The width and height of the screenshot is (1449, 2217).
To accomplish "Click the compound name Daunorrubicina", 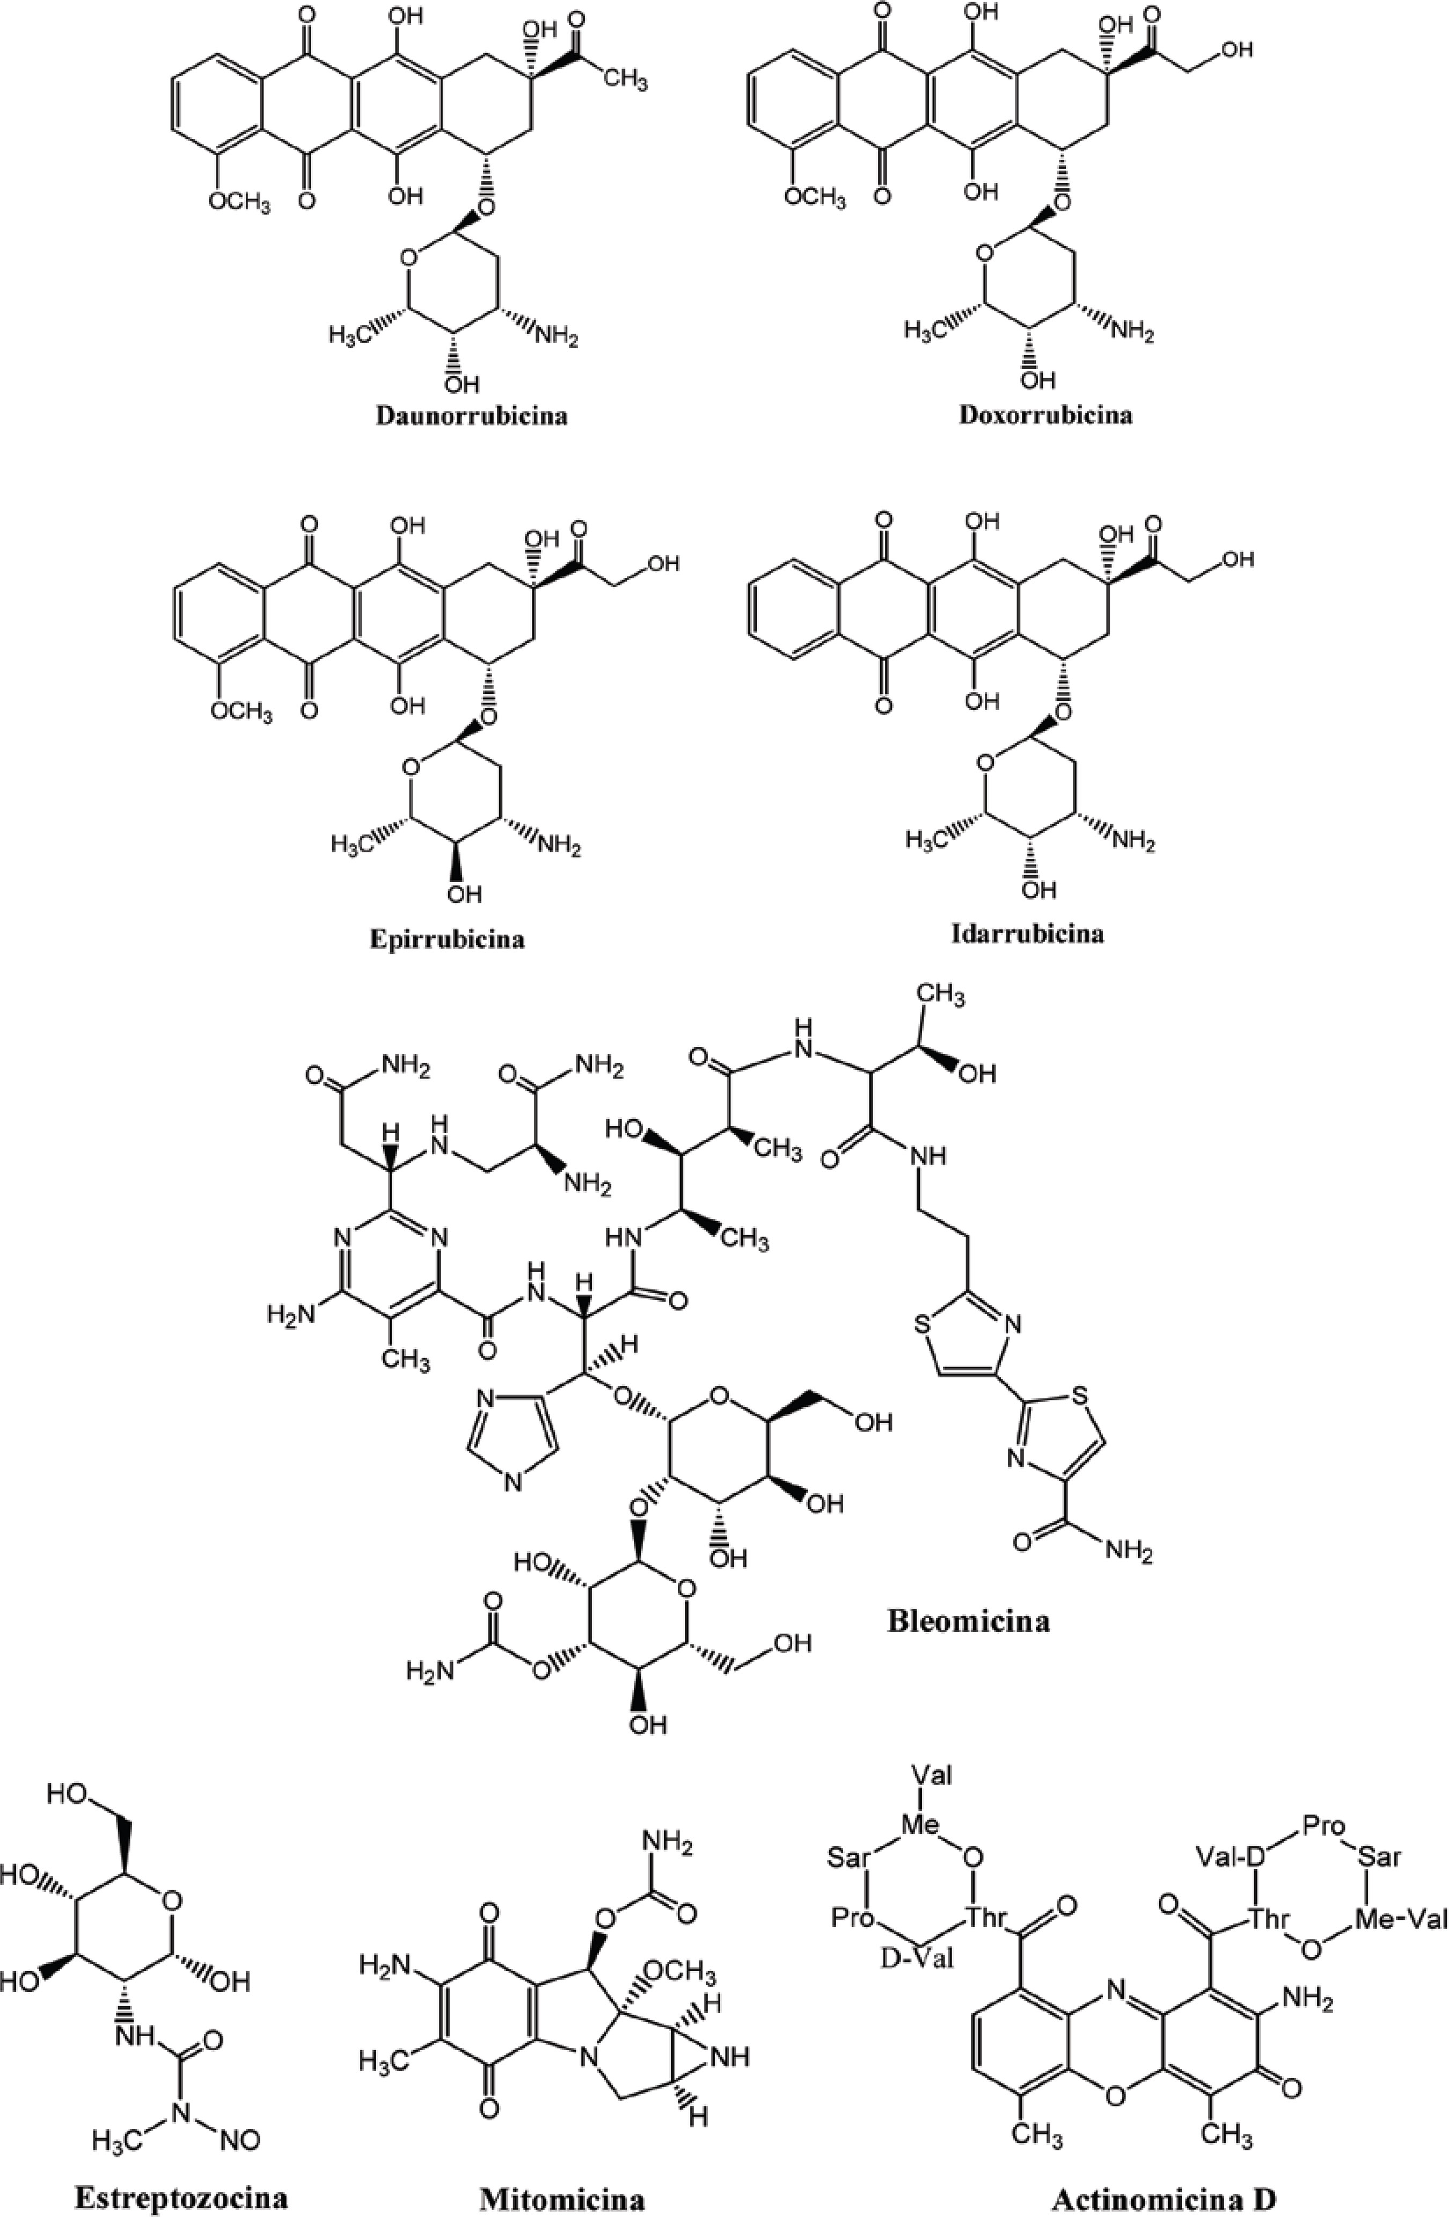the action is tap(472, 415).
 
